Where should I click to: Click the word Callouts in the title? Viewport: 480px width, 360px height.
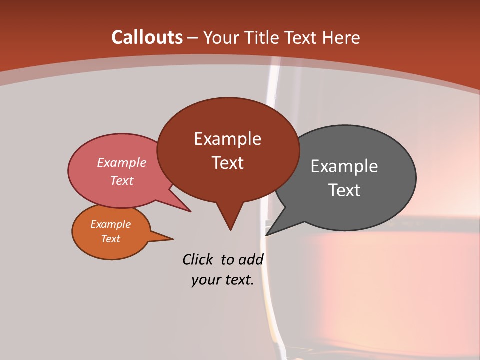point(147,37)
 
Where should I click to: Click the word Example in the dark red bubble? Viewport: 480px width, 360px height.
point(227,139)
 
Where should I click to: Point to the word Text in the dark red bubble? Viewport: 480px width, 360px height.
point(227,163)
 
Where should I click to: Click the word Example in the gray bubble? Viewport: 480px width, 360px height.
point(344,166)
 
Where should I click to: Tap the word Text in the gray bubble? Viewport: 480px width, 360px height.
point(344,190)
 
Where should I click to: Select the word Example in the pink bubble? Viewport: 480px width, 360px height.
point(122,163)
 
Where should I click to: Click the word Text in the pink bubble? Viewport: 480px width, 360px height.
point(122,180)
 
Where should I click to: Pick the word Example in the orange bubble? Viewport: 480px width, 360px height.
point(111,224)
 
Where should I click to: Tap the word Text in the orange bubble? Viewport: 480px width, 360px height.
point(111,239)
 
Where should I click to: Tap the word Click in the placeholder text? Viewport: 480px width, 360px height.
point(198,259)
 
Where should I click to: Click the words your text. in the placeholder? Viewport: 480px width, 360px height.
point(223,280)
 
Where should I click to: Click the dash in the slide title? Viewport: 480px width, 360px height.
point(193,38)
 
